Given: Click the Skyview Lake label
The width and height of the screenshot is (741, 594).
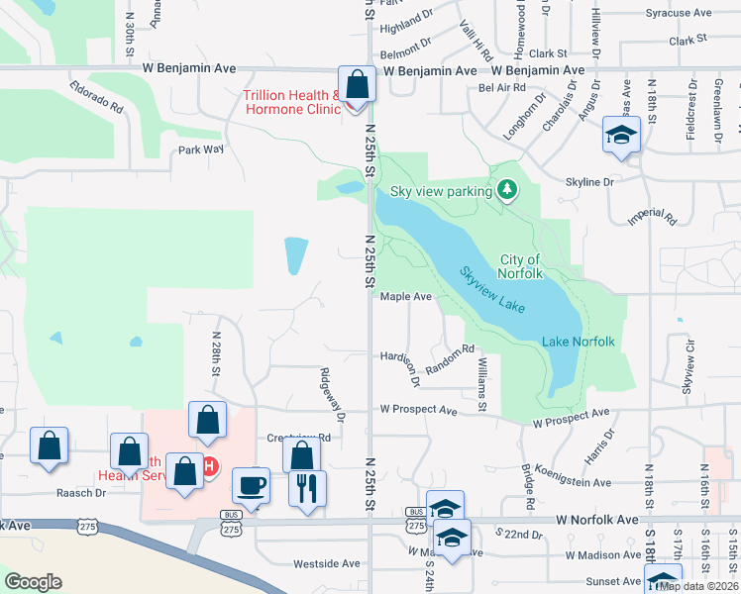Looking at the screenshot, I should [x=491, y=289].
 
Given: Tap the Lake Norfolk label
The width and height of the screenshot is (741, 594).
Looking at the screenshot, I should [x=579, y=343].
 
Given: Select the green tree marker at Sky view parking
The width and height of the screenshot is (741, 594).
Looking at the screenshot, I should [x=508, y=188].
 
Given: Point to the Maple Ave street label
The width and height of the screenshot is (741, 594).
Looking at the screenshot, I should [x=406, y=296].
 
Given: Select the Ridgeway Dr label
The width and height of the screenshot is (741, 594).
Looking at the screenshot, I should [x=330, y=395].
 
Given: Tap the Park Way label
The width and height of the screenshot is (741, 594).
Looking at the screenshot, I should [x=201, y=149].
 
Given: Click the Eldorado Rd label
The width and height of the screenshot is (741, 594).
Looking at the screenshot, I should [x=97, y=96].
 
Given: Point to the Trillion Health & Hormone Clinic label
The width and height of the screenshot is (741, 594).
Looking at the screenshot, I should [x=292, y=102].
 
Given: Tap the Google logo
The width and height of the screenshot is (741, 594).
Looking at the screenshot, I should [x=33, y=582].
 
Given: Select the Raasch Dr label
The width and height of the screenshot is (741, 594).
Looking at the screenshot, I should [x=82, y=492].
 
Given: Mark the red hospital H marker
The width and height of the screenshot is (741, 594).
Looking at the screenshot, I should [x=209, y=465].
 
